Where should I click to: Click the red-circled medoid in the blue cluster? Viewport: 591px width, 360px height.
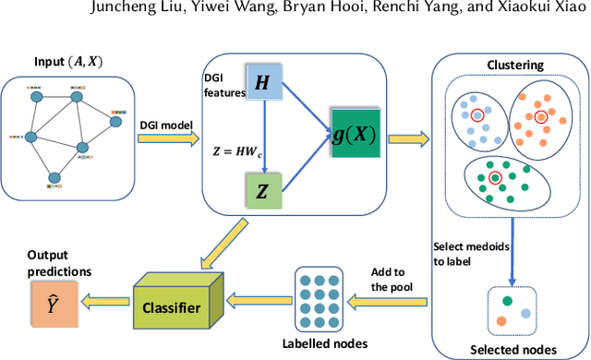coord(477,116)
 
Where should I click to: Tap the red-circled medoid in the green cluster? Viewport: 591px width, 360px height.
coord(496,176)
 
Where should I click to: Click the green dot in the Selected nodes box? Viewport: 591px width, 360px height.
coord(507,302)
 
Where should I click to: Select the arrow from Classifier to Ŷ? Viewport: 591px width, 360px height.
coord(99,300)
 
